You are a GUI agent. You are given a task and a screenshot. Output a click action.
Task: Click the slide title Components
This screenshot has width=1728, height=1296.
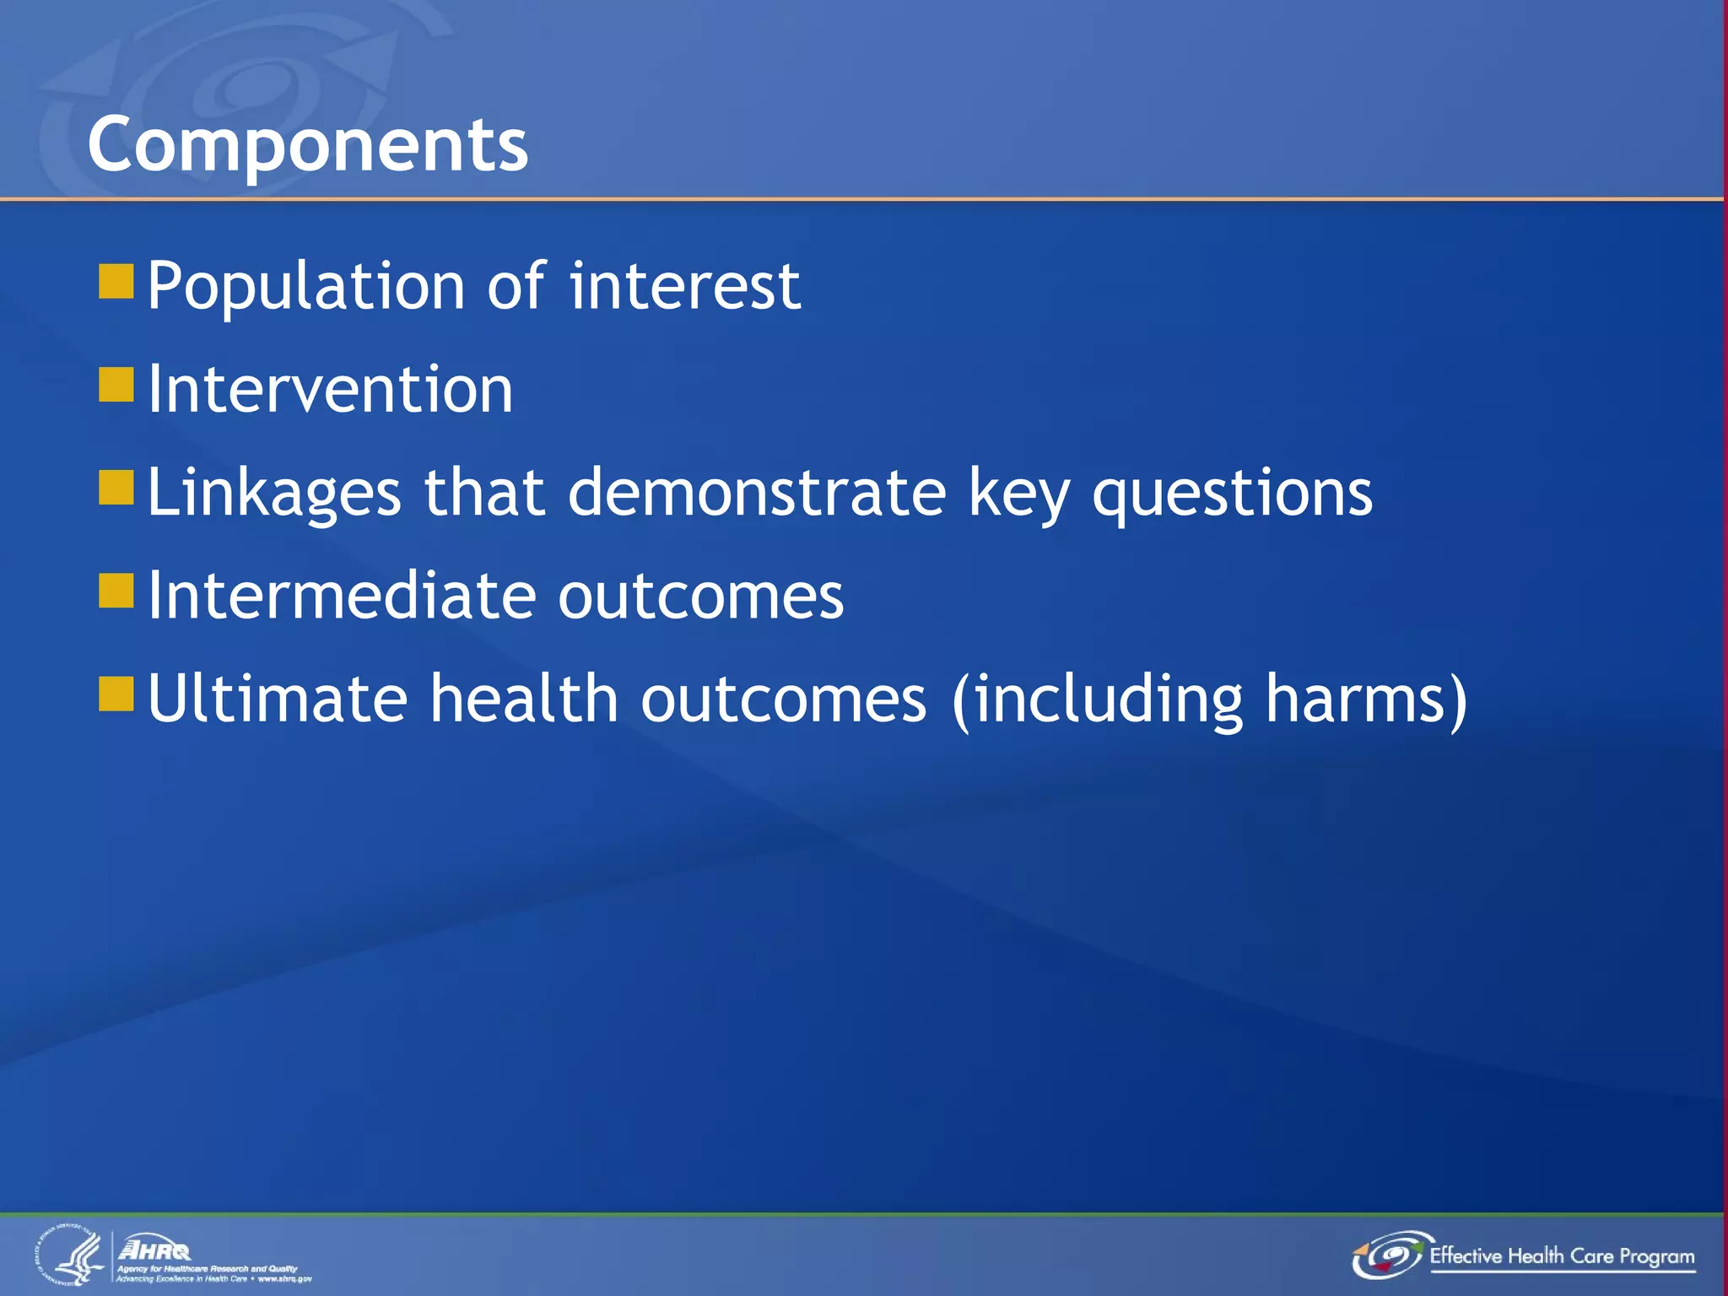coord(308,145)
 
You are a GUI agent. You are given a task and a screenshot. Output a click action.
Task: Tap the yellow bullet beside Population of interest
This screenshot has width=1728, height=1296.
coord(116,282)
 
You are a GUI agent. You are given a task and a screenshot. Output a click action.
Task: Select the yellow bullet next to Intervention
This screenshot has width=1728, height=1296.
coord(116,385)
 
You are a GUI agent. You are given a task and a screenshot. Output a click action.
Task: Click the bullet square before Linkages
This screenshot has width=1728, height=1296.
coord(116,488)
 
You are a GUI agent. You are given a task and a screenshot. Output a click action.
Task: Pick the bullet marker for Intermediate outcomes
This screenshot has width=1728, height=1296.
coord(116,591)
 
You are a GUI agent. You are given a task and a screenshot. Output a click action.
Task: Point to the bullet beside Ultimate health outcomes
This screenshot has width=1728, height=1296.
coord(116,694)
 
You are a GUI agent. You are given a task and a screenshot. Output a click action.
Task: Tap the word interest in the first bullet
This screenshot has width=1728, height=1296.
coord(685,287)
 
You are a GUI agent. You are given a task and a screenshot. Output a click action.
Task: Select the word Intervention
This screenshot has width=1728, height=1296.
coord(330,390)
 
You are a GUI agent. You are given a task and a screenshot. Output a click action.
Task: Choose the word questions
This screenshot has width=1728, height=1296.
coord(1232,494)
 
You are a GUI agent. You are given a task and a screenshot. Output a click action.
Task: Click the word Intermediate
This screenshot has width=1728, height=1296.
coord(341,596)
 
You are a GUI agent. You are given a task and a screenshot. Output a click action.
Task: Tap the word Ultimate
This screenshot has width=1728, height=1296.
coord(278,699)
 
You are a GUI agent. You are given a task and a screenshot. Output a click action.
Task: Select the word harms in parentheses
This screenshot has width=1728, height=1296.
coord(1355,699)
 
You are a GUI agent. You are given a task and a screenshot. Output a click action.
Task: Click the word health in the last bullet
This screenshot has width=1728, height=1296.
coord(524,699)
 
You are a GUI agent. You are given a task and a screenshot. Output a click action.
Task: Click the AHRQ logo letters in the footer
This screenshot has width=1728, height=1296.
coord(154,1249)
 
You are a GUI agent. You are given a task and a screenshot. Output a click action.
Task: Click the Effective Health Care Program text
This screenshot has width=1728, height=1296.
coord(1562,1256)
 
